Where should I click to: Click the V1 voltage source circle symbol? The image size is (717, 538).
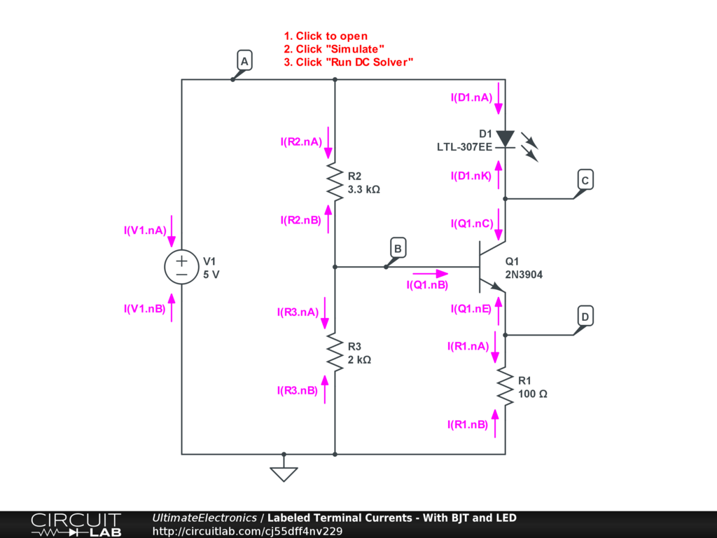(181, 268)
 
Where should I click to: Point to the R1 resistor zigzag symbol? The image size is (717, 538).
(505, 386)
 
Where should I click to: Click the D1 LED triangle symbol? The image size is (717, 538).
(505, 139)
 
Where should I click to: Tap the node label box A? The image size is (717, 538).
(244, 62)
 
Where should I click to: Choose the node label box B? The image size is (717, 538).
(397, 248)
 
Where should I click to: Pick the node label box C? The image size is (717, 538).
(585, 180)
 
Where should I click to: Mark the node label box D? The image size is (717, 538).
(585, 317)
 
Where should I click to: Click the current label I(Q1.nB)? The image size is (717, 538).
(427, 285)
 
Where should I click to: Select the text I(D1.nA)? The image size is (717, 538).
(471, 98)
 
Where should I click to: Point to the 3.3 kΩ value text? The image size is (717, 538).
(363, 189)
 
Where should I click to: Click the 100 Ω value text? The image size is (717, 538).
(533, 394)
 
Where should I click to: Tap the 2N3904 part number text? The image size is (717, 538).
(524, 275)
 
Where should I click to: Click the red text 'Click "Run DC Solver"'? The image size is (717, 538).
(348, 62)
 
